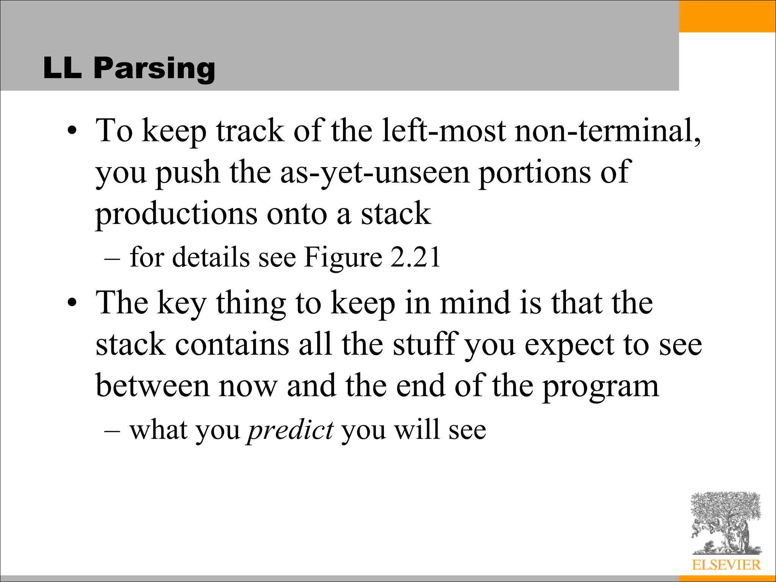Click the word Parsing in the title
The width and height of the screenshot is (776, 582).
pyautogui.click(x=154, y=69)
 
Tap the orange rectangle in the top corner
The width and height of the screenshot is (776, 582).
pyautogui.click(x=727, y=16)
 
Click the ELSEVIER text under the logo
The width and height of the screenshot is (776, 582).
pyautogui.click(x=726, y=565)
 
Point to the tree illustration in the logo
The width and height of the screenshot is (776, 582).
pyautogui.click(x=726, y=523)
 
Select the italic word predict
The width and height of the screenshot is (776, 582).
pyautogui.click(x=290, y=431)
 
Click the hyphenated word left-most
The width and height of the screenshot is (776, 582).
pyautogui.click(x=444, y=131)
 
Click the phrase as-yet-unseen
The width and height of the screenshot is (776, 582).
pyautogui.click(x=375, y=173)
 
